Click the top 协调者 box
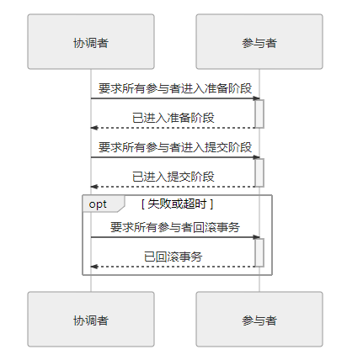click(x=91, y=41)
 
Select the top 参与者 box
click(x=259, y=41)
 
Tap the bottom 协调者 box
click(x=91, y=319)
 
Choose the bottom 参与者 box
click(x=259, y=319)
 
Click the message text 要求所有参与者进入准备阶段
click(x=175, y=88)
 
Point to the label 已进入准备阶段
click(x=173, y=118)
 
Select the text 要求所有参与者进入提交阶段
click(x=175, y=147)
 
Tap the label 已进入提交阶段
click(x=173, y=177)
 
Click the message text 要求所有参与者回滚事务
click(x=175, y=227)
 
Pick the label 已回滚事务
click(x=173, y=257)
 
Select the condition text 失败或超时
click(x=177, y=204)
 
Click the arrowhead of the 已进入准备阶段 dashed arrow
click(x=94, y=128)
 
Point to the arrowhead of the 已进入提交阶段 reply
click(x=94, y=187)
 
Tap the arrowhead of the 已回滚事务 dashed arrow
click(x=94, y=267)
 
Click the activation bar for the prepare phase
click(x=259, y=114)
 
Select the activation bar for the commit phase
click(x=259, y=172)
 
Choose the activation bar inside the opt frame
click(x=259, y=252)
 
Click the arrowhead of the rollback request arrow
click(x=256, y=237)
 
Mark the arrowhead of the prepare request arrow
click(x=256, y=98)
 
